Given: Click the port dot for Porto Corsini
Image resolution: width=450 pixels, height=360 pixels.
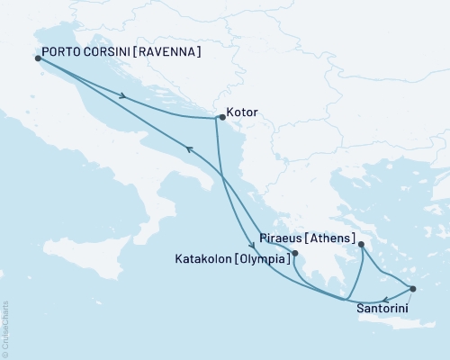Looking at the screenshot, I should (x=37, y=58).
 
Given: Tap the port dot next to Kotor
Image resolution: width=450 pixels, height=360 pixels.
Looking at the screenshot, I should (x=221, y=117).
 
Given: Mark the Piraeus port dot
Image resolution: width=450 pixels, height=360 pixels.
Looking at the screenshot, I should (x=361, y=244).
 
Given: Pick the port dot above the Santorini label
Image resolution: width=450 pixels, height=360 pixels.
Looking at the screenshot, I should (x=412, y=289).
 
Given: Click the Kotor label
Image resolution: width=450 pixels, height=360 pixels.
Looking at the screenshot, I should (x=244, y=113).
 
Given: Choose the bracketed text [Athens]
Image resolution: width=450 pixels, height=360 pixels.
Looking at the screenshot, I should (x=326, y=239).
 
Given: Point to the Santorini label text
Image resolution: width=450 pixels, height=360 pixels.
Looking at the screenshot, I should (x=386, y=307).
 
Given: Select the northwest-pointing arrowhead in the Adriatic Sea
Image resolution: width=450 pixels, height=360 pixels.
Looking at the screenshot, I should (x=188, y=150).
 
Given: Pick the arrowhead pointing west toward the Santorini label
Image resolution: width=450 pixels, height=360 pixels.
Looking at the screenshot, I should (x=385, y=300).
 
